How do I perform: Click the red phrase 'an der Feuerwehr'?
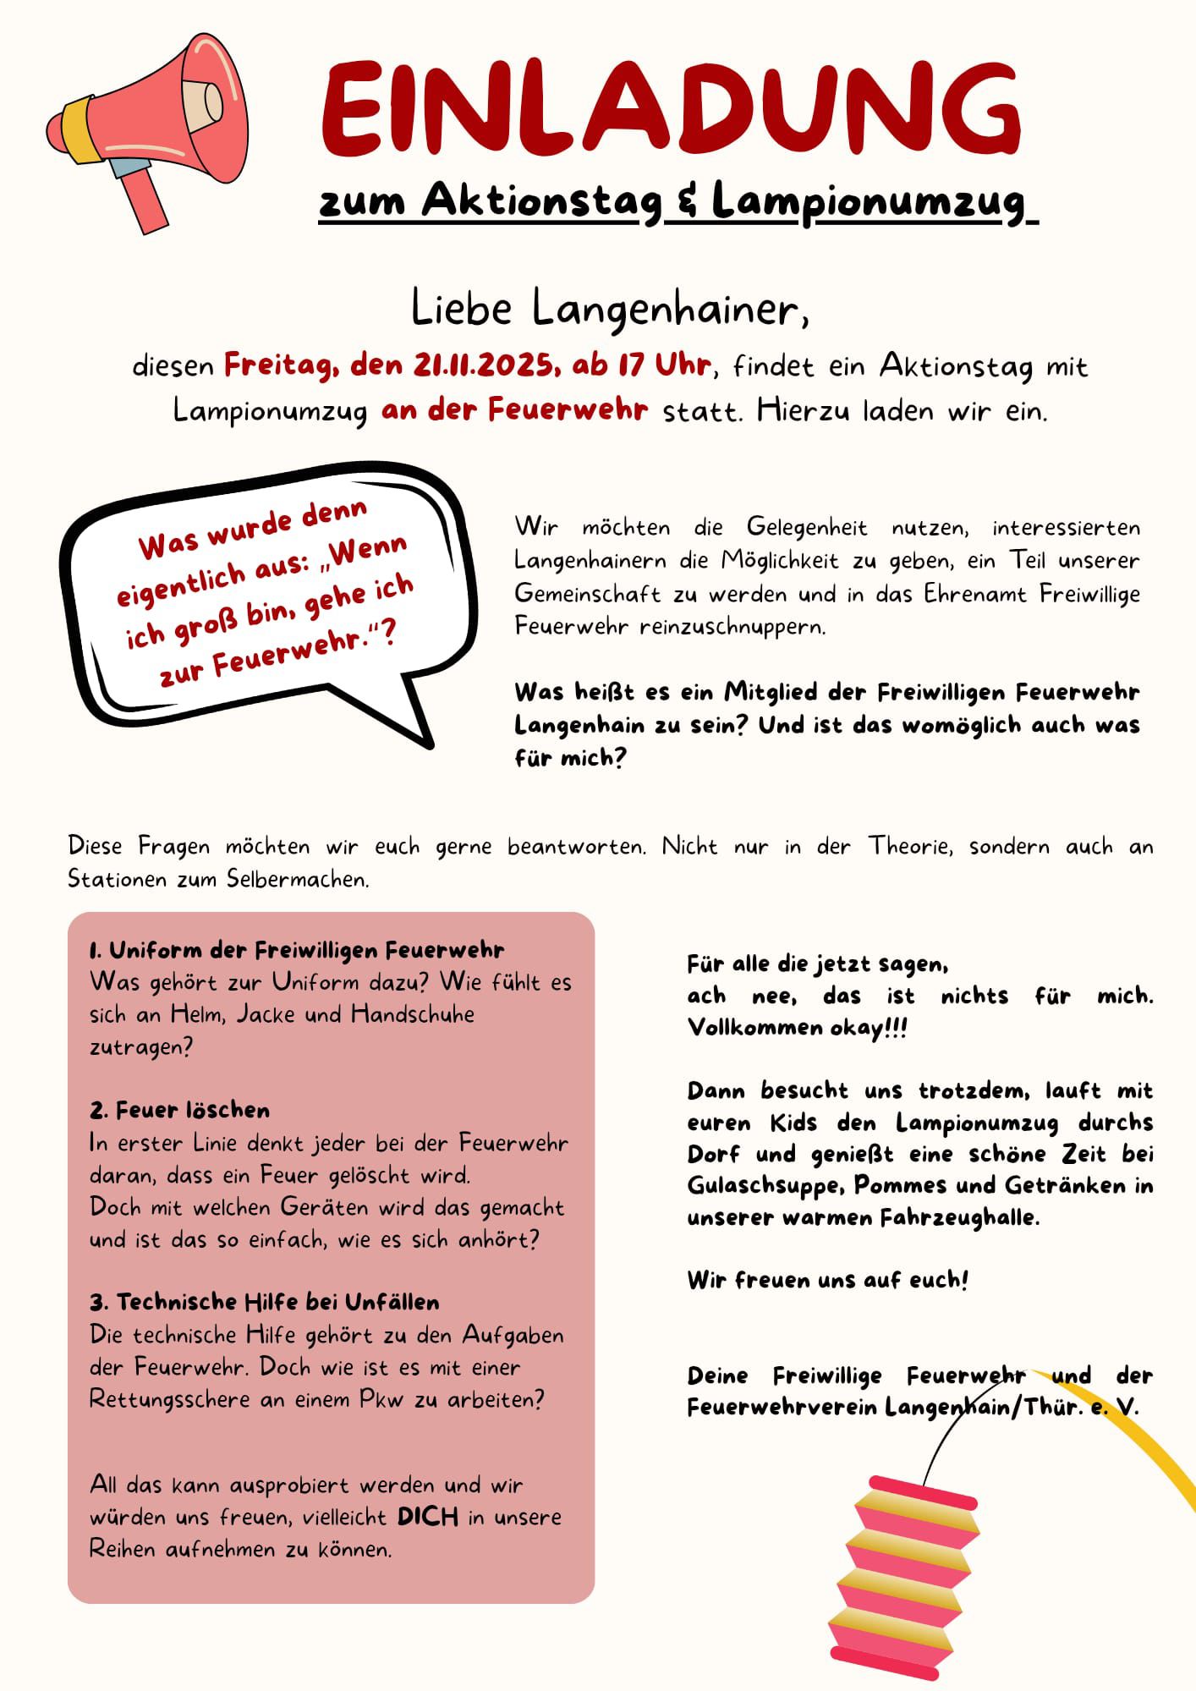pyautogui.click(x=515, y=410)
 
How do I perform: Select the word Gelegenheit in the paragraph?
pyautogui.click(x=807, y=527)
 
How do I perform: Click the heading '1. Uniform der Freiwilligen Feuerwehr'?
pyautogui.click(x=297, y=950)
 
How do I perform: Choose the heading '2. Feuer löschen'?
pyautogui.click(x=180, y=1110)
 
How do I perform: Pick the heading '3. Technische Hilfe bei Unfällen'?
pyautogui.click(x=265, y=1301)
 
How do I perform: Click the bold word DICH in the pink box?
pyautogui.click(x=428, y=1517)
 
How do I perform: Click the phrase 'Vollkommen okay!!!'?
pyautogui.click(x=797, y=1027)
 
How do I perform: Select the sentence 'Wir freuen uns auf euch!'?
pyautogui.click(x=827, y=1280)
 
